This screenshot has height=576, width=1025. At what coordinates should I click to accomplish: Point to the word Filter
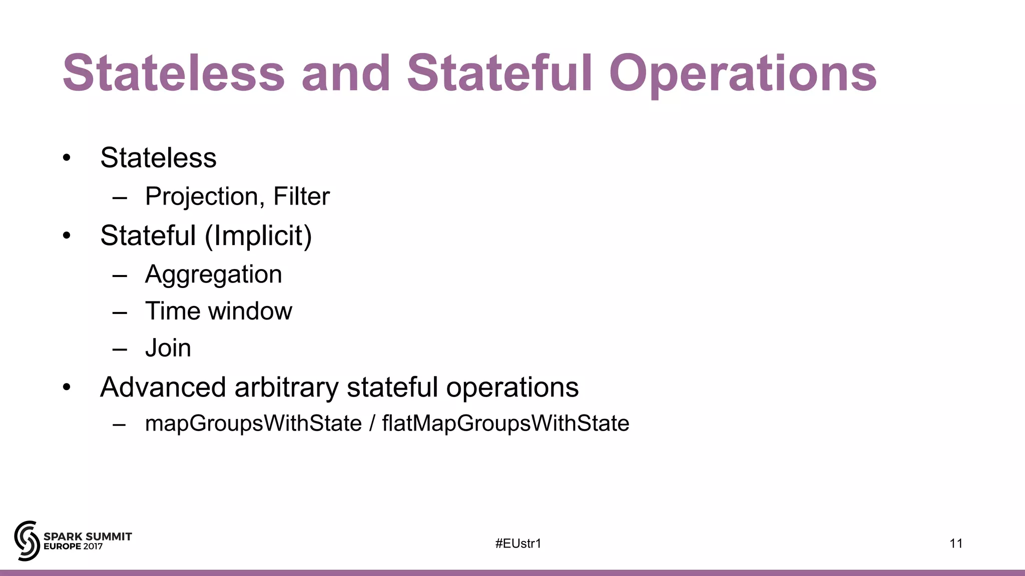(x=301, y=196)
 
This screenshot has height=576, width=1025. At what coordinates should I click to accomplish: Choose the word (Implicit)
(x=258, y=235)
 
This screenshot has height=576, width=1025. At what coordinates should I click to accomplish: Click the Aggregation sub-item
(x=214, y=274)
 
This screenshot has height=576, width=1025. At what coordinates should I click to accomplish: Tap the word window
(x=250, y=311)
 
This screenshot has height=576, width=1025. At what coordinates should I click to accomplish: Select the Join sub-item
(x=168, y=348)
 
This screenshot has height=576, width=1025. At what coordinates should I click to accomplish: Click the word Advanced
(x=163, y=387)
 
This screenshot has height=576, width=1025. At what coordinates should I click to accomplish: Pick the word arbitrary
(x=286, y=387)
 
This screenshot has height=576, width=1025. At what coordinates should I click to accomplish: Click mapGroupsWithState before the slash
(x=253, y=423)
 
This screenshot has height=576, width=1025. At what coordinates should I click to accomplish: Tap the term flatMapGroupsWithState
(x=505, y=423)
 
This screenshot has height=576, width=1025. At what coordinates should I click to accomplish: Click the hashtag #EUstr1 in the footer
(x=518, y=543)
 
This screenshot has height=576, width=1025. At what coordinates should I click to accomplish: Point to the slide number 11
(x=956, y=543)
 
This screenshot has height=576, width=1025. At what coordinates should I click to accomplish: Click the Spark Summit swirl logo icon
(x=27, y=540)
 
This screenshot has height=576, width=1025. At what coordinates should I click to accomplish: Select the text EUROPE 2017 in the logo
(x=73, y=547)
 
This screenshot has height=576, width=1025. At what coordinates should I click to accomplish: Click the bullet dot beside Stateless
(x=67, y=158)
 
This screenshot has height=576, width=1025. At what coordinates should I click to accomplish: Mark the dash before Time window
(x=120, y=312)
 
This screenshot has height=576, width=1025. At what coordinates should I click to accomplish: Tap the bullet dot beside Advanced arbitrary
(x=67, y=387)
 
